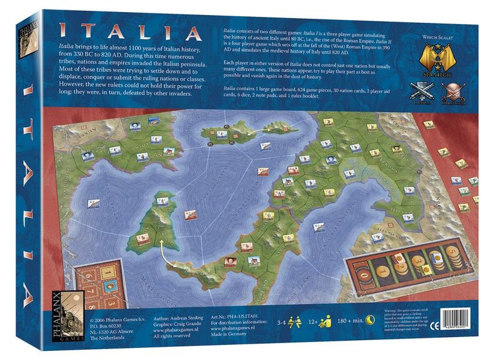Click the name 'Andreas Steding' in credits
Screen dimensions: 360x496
click(x=178, y=312)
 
